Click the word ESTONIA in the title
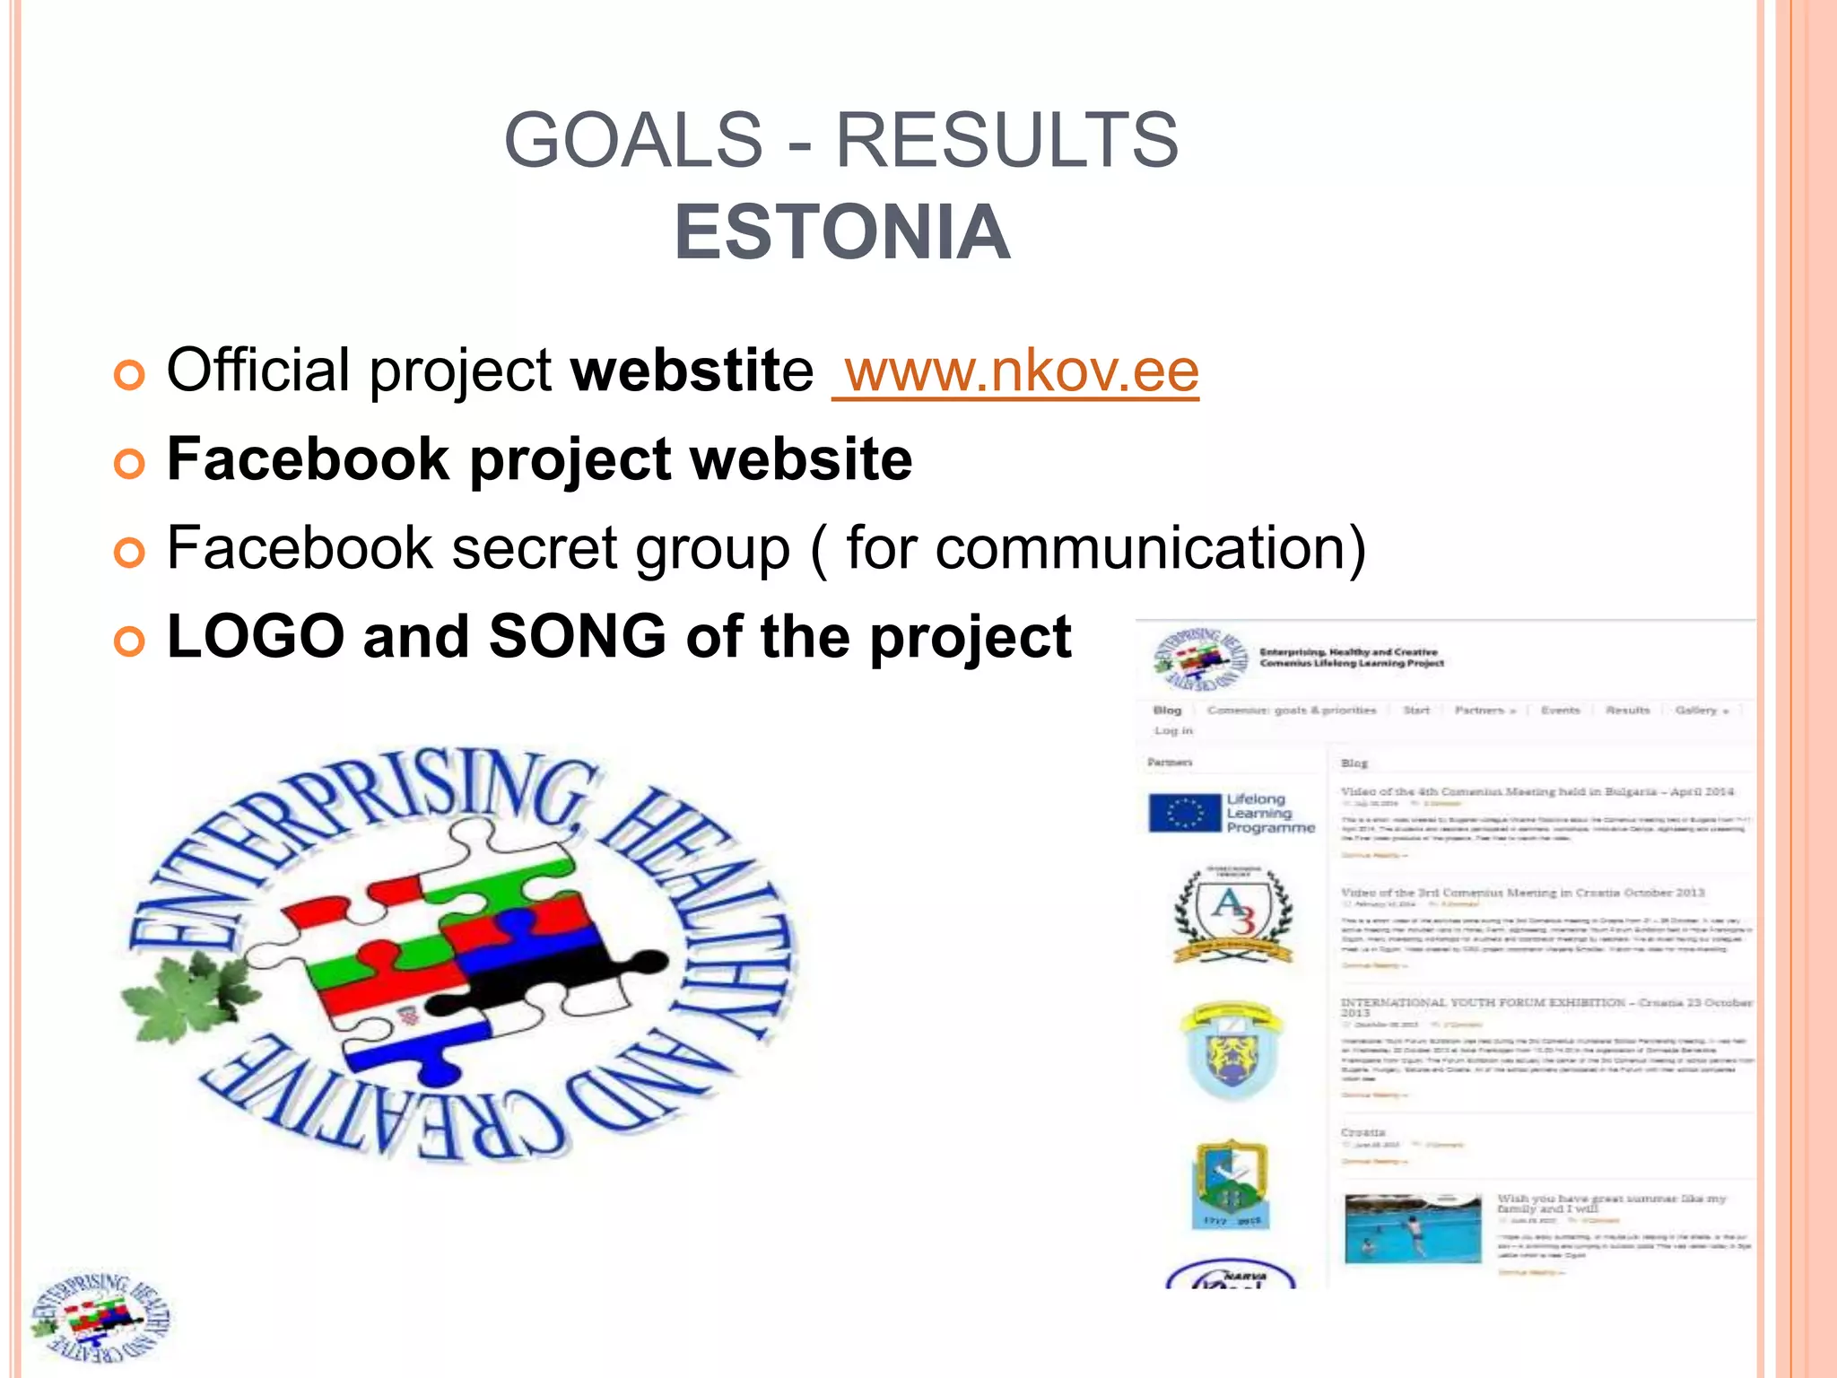tap(841, 232)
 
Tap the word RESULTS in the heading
tap(1006, 140)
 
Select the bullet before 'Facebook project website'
tap(129, 463)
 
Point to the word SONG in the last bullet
tap(577, 636)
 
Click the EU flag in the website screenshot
tap(1184, 813)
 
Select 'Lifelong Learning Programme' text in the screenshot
tap(1268, 813)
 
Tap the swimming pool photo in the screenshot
tap(1412, 1228)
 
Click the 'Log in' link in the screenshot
tap(1173, 730)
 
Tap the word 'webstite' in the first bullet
tap(692, 371)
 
